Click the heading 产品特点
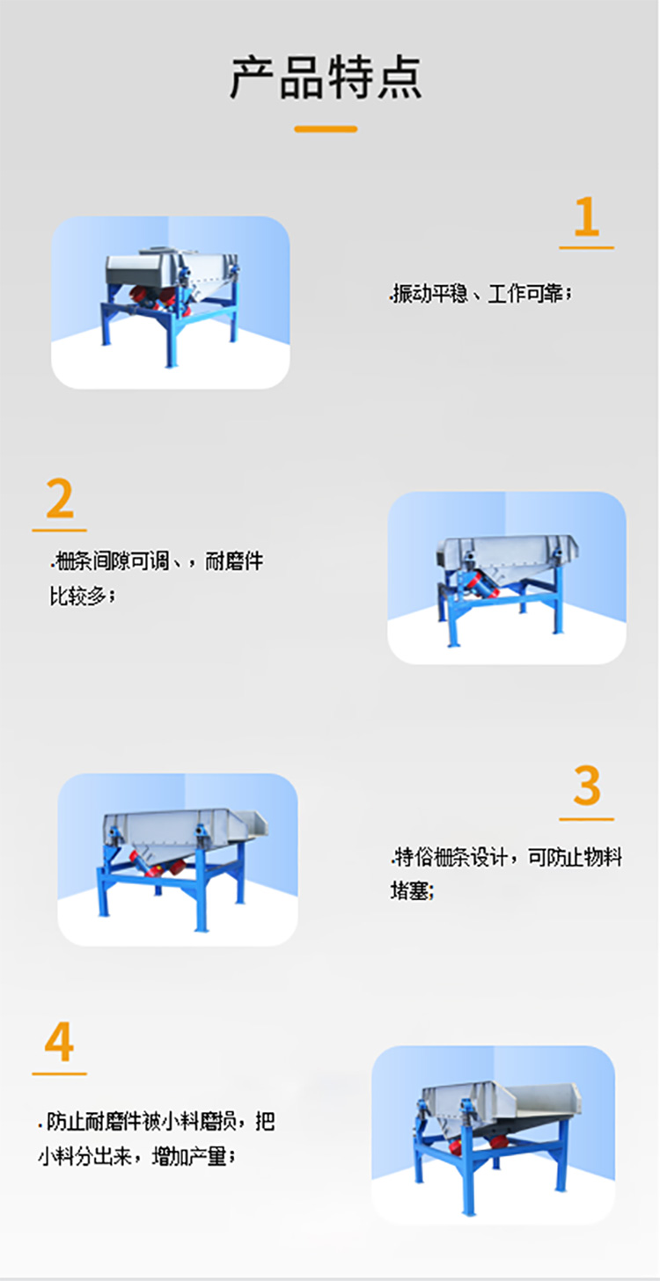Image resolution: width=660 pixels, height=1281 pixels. click(x=326, y=77)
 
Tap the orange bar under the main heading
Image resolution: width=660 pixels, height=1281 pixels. click(x=326, y=129)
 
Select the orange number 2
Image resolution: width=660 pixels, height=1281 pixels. click(x=60, y=500)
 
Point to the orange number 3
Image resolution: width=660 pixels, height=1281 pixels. click(x=586, y=786)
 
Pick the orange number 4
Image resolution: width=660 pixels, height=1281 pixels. click(x=59, y=1043)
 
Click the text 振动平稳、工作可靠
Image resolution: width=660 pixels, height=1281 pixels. click(x=481, y=295)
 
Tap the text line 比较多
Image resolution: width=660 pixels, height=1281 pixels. click(x=83, y=597)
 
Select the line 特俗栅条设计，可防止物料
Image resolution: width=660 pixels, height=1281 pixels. click(x=507, y=856)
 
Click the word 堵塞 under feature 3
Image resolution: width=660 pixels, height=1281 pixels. click(x=413, y=890)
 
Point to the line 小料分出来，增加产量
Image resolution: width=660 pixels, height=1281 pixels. click(x=136, y=1156)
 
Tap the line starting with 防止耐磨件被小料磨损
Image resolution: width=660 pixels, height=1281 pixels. click(x=157, y=1122)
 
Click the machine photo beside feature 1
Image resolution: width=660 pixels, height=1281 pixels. click(x=171, y=302)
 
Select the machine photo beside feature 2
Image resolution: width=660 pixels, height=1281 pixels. click(x=507, y=577)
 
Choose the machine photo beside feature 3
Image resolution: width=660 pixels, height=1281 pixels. click(x=178, y=859)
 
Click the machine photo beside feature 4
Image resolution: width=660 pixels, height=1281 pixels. click(x=493, y=1134)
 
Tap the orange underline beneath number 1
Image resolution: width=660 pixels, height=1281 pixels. click(x=586, y=248)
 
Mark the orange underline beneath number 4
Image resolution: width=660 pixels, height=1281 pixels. click(x=59, y=1073)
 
